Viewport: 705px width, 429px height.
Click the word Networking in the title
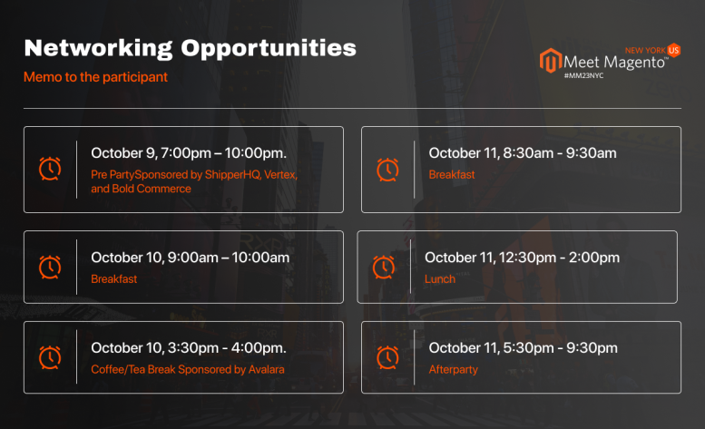tap(99, 48)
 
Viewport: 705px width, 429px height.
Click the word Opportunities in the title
tap(269, 48)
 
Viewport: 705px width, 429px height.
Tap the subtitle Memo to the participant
tap(95, 77)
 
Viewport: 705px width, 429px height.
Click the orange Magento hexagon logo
tap(551, 60)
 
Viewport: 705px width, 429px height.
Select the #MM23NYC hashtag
tap(583, 75)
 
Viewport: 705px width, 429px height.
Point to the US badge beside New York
tap(673, 50)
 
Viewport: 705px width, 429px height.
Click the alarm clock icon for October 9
tap(50, 169)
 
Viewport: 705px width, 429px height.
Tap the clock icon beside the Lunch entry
tap(384, 268)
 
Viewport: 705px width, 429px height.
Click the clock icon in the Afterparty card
tap(387, 357)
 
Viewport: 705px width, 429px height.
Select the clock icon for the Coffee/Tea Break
tap(50, 357)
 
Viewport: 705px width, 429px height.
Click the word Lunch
tap(440, 279)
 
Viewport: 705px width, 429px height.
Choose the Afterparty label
tap(454, 370)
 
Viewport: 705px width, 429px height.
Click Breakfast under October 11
tap(452, 174)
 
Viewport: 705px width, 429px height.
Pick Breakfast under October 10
tap(113, 279)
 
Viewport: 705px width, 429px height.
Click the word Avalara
tap(266, 369)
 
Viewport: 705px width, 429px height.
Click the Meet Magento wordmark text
tap(614, 62)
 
